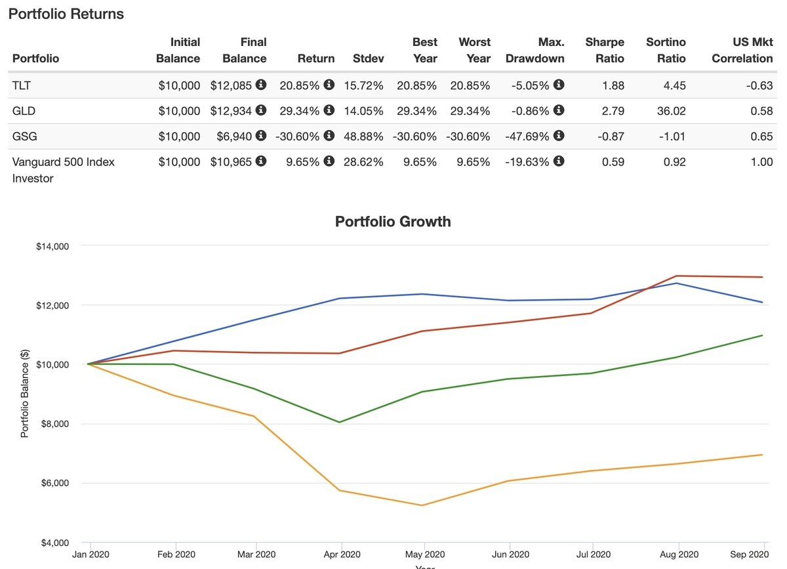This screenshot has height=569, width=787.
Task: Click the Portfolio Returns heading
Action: (66, 14)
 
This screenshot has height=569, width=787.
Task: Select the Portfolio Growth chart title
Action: (393, 221)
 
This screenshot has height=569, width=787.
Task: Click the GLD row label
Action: (24, 111)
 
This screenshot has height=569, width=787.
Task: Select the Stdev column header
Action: (368, 58)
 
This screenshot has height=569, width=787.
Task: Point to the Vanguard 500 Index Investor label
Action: (64, 169)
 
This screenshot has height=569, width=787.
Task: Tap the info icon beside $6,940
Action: (261, 136)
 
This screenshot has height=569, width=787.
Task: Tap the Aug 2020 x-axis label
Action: (679, 555)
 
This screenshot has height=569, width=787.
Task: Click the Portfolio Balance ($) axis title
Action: (25, 394)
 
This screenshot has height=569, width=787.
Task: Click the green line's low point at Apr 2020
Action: (340, 422)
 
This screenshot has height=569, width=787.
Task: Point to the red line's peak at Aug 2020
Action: (678, 276)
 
